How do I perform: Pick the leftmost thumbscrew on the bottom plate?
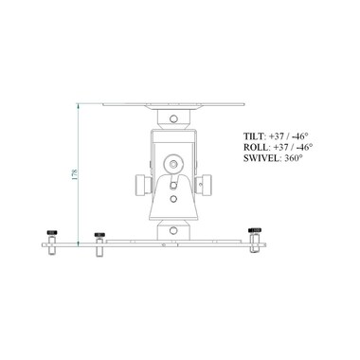pos(52,235)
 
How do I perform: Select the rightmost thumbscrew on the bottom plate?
pos(255,233)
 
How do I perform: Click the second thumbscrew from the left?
pos(97,237)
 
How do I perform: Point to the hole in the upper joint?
pos(173,118)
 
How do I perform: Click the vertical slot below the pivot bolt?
pos(173,185)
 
